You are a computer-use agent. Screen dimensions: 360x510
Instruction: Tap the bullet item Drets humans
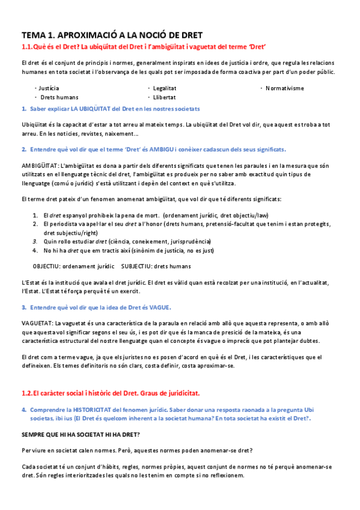click(58, 97)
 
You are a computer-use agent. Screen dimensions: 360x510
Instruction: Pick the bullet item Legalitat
click(165, 88)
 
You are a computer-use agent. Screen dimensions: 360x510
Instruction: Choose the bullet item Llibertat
click(164, 97)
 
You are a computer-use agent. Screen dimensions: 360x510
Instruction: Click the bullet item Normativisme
click(284, 88)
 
